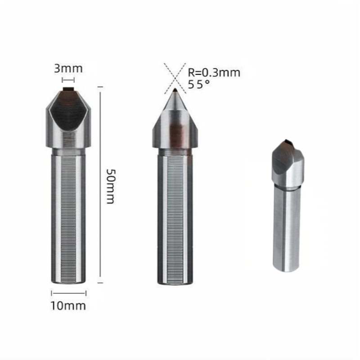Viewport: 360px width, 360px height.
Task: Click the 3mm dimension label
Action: pyautogui.click(x=68, y=68)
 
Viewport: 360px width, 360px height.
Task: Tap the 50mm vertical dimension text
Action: pyautogui.click(x=109, y=186)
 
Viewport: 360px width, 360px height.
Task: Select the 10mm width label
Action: pyautogui.click(x=68, y=306)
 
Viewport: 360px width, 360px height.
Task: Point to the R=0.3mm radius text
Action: pyautogui.click(x=213, y=72)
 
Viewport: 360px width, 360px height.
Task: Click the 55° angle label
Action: pyautogui.click(x=198, y=84)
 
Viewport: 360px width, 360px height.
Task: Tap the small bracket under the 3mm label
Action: pyautogui.click(x=68, y=80)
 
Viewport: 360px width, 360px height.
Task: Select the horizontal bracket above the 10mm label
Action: pyautogui.click(x=68, y=293)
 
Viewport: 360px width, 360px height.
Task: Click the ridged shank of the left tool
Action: pyautogui.click(x=68, y=216)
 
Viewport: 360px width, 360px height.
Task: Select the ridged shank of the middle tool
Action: pyautogui.click(x=175, y=216)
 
